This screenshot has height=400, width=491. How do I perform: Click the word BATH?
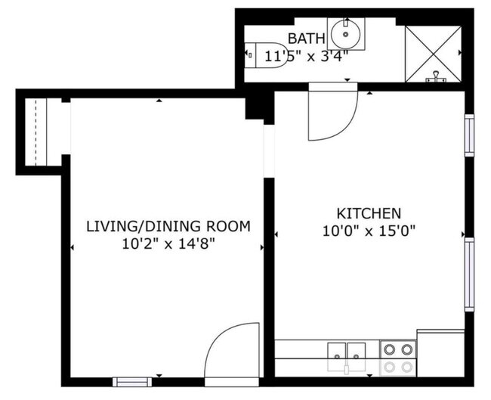[307, 39]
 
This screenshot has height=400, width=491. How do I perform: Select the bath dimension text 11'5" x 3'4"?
[307, 54]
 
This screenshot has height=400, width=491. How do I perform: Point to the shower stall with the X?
[433, 54]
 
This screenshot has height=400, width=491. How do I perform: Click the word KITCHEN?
[369, 213]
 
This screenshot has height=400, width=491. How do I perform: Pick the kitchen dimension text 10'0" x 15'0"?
[369, 230]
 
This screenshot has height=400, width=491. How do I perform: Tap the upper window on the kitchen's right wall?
[469, 135]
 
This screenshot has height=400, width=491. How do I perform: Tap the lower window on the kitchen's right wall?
[469, 274]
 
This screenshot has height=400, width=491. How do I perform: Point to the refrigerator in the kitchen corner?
[440, 352]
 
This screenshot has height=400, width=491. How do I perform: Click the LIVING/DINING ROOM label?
[168, 226]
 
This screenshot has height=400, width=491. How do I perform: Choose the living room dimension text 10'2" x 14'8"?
[168, 243]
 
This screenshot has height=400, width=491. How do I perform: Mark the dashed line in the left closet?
[36, 132]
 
